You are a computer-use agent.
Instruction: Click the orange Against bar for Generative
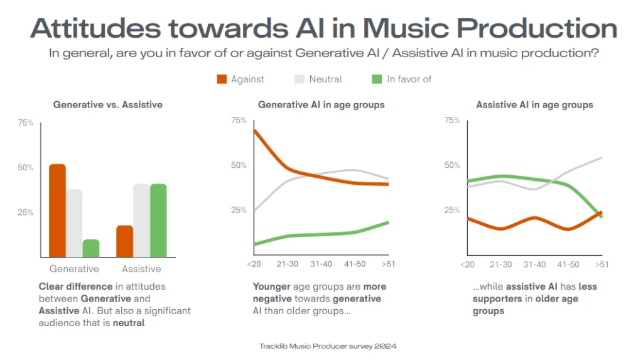pyautogui.click(x=57, y=210)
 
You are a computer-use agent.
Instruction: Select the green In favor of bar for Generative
pyautogui.click(x=91, y=248)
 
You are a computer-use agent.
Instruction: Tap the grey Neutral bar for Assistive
pyautogui.click(x=141, y=221)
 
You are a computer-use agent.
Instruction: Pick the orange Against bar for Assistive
pyautogui.click(x=124, y=241)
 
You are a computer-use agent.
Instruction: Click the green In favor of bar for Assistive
pyautogui.click(x=158, y=221)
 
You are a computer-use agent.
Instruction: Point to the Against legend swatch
pyautogui.click(x=221, y=79)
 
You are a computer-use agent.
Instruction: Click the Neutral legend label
pyautogui.click(x=325, y=79)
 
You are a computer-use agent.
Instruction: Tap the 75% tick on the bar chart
pyautogui.click(x=26, y=123)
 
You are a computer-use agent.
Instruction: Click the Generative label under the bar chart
pyautogui.click(x=74, y=269)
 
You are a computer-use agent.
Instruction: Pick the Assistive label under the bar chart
pyautogui.click(x=141, y=269)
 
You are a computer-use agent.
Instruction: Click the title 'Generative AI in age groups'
pyautogui.click(x=321, y=105)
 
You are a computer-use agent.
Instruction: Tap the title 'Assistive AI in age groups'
pyautogui.click(x=534, y=105)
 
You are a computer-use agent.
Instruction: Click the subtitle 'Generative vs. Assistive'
pyautogui.click(x=108, y=105)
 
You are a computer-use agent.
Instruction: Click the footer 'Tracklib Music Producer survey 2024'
pyautogui.click(x=328, y=346)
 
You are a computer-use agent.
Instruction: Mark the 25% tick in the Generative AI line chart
pyautogui.click(x=239, y=210)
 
